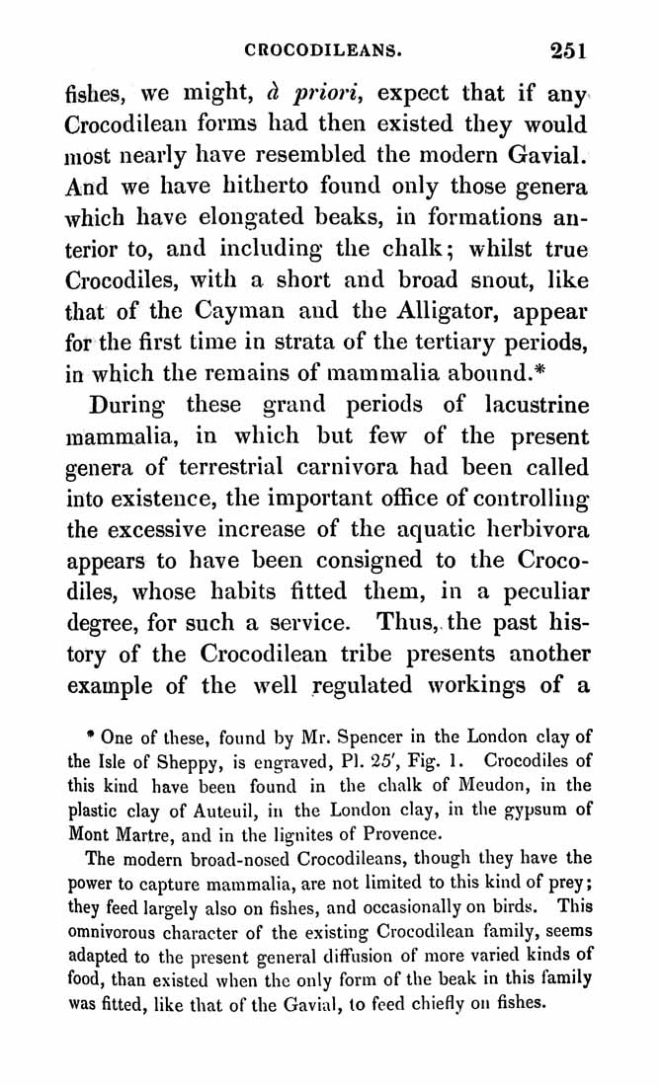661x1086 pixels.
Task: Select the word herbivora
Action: point(528,528)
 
